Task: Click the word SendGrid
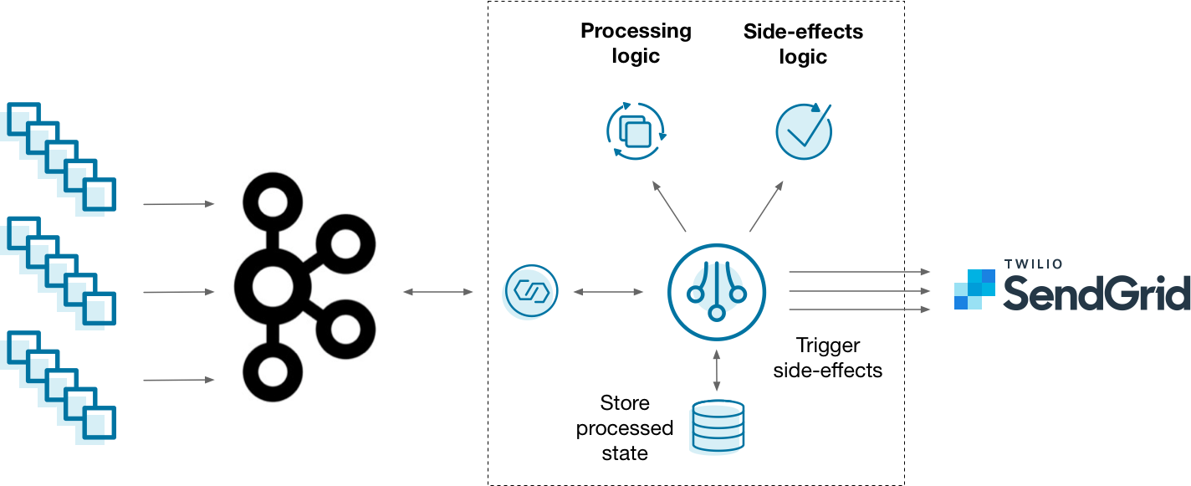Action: coord(1096,293)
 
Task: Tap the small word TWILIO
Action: coord(1033,264)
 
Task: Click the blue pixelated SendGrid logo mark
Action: coord(974,289)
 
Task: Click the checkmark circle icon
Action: coord(804,131)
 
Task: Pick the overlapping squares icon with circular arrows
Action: coord(636,131)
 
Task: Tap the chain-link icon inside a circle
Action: coord(529,292)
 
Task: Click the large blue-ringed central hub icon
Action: coord(717,292)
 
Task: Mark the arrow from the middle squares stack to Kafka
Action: coord(179,292)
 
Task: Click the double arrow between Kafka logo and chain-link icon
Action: coord(438,292)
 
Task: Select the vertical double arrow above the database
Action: coord(717,371)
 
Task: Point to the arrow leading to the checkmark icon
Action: coord(766,206)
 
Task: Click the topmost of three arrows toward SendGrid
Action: coord(859,272)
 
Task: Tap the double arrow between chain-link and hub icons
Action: coord(608,292)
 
